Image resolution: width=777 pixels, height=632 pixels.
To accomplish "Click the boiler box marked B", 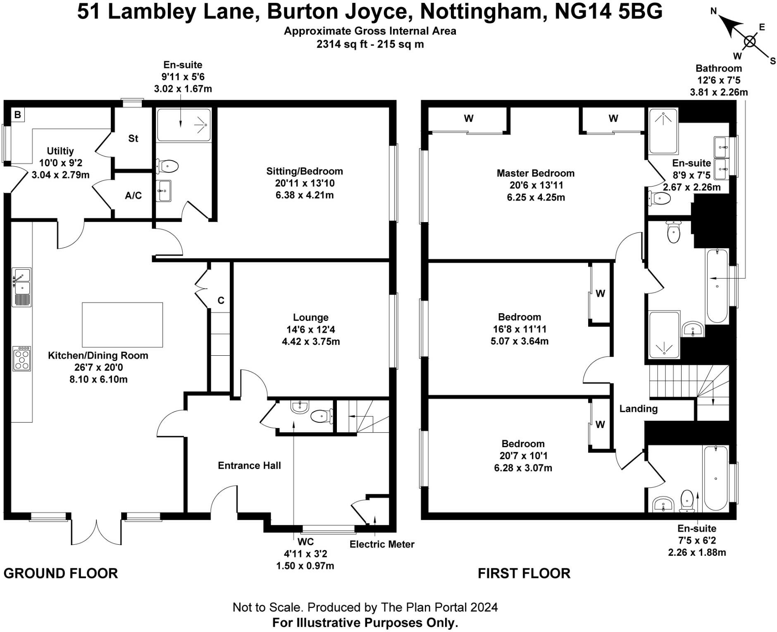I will tap(17, 115).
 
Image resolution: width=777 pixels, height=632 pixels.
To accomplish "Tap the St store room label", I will tap(133, 139).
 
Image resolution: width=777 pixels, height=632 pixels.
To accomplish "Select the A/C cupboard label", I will tap(133, 196).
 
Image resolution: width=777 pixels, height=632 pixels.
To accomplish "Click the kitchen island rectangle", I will tap(122, 325).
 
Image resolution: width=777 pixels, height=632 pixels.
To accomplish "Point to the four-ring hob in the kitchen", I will tap(21, 359).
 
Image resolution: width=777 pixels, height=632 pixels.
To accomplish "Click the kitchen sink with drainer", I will tap(21, 287).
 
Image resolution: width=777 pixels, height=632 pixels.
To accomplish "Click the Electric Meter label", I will tap(381, 544).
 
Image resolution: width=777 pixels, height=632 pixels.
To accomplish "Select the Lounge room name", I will tap(310, 318).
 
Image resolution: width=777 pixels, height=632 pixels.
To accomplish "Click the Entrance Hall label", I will tap(249, 466).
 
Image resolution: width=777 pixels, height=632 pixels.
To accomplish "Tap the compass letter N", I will tap(713, 12).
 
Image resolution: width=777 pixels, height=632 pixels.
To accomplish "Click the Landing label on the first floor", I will tap(638, 409).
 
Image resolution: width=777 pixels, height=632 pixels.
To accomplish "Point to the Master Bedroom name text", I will tap(535, 173).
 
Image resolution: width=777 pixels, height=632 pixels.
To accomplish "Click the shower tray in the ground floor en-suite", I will tap(184, 125).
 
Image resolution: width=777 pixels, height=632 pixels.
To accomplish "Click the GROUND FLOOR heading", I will tap(61, 574).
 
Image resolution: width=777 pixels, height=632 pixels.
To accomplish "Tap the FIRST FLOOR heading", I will tap(524, 574).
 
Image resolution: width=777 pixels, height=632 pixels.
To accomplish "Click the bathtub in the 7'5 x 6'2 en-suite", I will tap(715, 478).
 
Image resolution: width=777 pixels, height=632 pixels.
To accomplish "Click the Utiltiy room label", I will tap(60, 151).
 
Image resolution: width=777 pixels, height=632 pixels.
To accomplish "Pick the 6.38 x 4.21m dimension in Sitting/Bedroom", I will tap(305, 195).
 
